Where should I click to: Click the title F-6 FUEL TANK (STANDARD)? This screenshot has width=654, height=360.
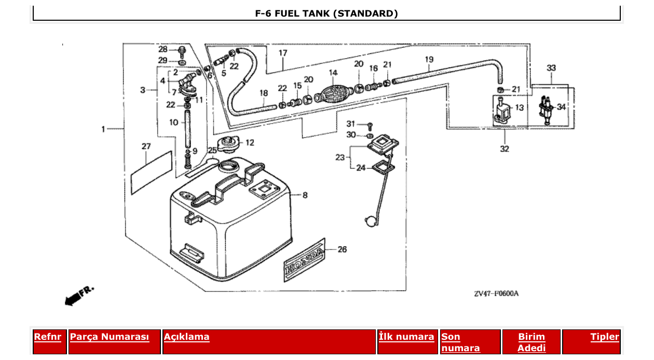click(326, 13)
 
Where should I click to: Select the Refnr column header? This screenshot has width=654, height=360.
click(48, 337)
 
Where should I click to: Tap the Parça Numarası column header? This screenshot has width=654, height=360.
click(110, 337)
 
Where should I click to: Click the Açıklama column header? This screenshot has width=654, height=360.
click(187, 337)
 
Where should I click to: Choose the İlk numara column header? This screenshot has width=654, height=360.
click(406, 337)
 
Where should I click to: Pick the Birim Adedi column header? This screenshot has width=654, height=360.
click(532, 342)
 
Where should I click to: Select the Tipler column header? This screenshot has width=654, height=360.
click(605, 337)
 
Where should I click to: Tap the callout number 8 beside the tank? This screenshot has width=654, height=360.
click(305, 196)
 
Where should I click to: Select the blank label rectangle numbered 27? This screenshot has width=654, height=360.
click(151, 173)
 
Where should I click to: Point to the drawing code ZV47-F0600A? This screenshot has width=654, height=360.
click(496, 294)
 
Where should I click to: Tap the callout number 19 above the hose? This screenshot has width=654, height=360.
click(429, 60)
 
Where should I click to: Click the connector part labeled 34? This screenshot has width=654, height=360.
click(546, 109)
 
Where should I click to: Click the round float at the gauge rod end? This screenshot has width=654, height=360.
click(371, 221)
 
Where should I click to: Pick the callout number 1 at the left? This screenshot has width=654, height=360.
click(103, 129)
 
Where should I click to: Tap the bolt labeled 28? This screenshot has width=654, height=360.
click(182, 51)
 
